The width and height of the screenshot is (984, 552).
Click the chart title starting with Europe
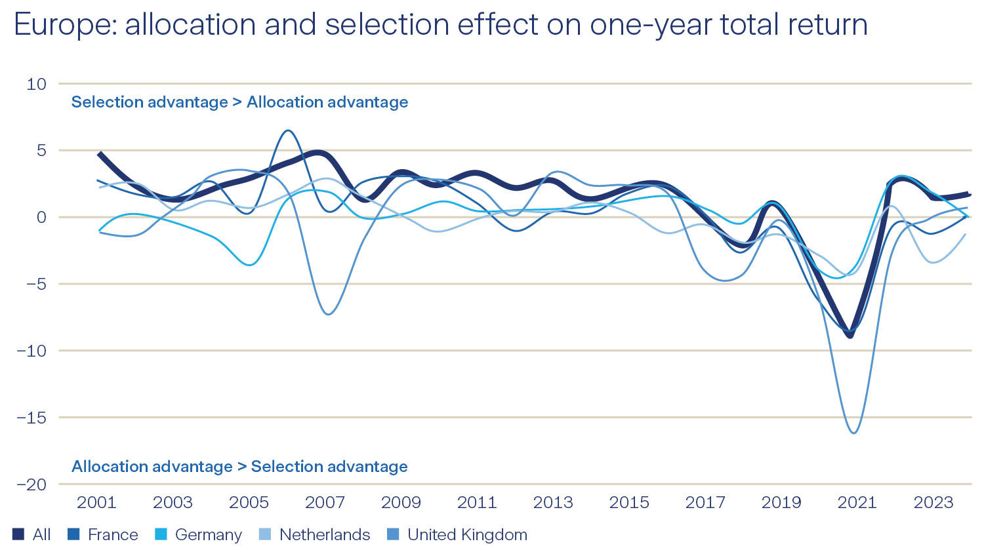coord(440,25)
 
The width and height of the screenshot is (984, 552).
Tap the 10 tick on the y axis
coord(37,84)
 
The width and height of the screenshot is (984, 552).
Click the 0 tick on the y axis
coord(42,218)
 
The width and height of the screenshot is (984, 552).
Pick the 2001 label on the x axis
coord(96,503)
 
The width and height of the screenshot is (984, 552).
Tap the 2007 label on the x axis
coord(325,503)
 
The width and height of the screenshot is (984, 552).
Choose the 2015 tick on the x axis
coord(629,503)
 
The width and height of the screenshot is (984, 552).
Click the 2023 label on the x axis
coord(933,503)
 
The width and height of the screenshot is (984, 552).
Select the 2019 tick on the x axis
coord(781,503)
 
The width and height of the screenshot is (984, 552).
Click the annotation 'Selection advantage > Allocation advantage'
coord(239,102)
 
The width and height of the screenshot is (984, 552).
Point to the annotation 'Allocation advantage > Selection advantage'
coord(239,467)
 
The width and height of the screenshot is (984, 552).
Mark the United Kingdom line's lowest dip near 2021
coord(853,433)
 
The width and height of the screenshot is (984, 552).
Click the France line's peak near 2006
coord(289,130)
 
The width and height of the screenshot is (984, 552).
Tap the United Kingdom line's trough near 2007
coord(328,314)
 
